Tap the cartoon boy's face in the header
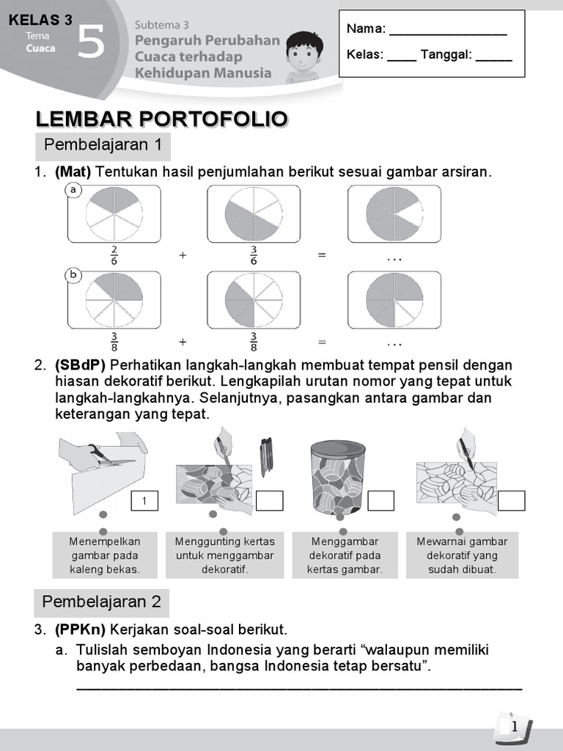click(x=301, y=51)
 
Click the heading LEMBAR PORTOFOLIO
click(x=161, y=120)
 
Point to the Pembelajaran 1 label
click(x=103, y=145)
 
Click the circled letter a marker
click(x=73, y=191)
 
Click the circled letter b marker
click(x=73, y=276)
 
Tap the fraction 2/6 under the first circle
click(x=114, y=255)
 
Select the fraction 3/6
click(x=253, y=255)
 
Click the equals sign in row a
click(x=321, y=255)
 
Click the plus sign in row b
click(x=183, y=342)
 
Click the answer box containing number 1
click(x=144, y=501)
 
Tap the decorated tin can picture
click(x=338, y=476)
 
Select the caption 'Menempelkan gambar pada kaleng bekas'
click(x=104, y=555)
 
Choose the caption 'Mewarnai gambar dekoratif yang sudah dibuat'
click(x=462, y=555)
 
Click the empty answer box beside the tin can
click(x=380, y=501)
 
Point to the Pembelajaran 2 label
click(x=102, y=602)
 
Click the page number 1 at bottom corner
click(x=515, y=726)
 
